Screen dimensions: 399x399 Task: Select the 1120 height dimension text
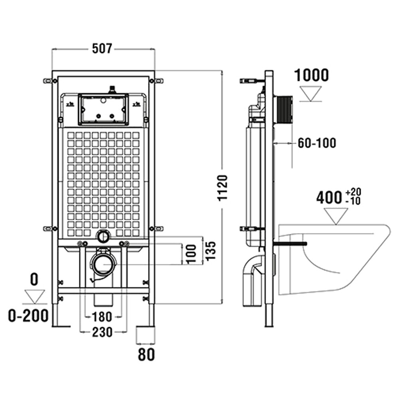click(x=224, y=188)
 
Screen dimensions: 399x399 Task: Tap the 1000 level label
click(x=311, y=75)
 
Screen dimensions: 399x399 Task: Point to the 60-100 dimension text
click(x=317, y=142)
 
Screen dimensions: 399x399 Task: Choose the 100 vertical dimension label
click(x=192, y=252)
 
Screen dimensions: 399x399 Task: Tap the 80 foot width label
click(x=146, y=354)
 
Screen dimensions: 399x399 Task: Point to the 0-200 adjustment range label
click(x=29, y=316)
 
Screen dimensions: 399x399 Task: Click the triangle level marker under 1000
click(x=311, y=94)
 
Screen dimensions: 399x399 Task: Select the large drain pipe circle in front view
click(x=104, y=263)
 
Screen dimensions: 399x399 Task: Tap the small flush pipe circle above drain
click(x=103, y=236)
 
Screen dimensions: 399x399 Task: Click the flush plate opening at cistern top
click(x=103, y=108)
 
